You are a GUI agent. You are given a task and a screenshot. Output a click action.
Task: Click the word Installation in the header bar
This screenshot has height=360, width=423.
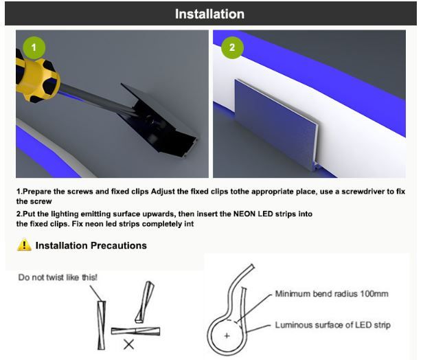coord(209,14)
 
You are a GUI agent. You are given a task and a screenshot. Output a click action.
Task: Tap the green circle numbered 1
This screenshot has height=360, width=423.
coord(34,47)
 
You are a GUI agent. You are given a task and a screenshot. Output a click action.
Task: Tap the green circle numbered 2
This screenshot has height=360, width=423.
coord(232,47)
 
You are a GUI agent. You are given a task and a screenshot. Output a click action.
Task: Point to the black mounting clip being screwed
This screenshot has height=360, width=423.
coord(159,122)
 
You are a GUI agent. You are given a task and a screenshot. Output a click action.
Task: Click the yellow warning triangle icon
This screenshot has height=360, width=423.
coord(24,245)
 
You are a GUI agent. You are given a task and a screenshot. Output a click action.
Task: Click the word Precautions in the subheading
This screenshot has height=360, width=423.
coord(119,245)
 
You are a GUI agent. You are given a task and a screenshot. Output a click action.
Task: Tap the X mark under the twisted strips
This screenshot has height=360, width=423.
coord(128,345)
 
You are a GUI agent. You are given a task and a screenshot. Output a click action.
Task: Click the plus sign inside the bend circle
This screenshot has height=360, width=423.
coord(227,336)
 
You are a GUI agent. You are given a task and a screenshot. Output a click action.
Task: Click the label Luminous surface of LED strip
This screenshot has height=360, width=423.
coord(332,325)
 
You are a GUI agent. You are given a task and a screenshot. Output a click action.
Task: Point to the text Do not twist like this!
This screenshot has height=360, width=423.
coord(58,278)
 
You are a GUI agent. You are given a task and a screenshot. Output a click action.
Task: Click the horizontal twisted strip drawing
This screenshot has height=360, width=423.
coord(135,331)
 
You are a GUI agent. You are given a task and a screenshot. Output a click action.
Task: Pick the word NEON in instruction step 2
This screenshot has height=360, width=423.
coord(244,214)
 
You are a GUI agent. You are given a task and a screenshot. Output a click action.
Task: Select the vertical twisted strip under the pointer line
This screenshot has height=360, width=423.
coord(102,325)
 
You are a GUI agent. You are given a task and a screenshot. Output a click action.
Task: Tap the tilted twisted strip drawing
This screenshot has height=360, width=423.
coord(145,302)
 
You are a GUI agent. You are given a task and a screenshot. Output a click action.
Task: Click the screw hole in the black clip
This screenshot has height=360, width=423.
coord(149,121)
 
